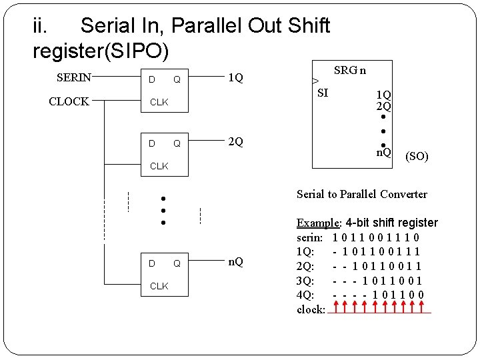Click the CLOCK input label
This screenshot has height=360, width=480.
pos(69,101)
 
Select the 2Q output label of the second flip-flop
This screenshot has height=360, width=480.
pos(235,142)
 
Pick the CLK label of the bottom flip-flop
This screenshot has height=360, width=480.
pos(159,286)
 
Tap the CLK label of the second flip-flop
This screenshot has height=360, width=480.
pos(159,166)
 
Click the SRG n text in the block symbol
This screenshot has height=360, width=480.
pos(349,70)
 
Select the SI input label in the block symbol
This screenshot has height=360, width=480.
pos(323,93)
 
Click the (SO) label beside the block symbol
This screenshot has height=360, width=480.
pos(417,157)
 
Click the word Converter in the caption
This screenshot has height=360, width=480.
pos(403,194)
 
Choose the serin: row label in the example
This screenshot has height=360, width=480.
pos(310,237)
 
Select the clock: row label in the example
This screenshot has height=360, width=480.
pos(311,309)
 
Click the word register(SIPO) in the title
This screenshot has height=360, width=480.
pos(101,51)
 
